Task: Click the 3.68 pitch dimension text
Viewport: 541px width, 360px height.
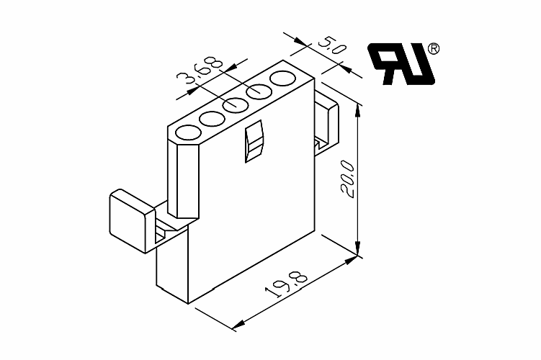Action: tap(200, 73)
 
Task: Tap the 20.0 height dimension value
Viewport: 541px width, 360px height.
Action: tap(347, 179)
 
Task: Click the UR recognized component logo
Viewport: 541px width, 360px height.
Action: tap(402, 64)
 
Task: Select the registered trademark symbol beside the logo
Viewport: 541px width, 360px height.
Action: tap(434, 49)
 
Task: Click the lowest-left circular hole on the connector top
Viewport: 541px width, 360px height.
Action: tap(189, 133)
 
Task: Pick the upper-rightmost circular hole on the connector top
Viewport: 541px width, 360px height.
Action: tap(282, 78)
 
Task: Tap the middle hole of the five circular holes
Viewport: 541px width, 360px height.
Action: tap(236, 106)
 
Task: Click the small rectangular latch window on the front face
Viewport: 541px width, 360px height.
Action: tap(254, 141)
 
